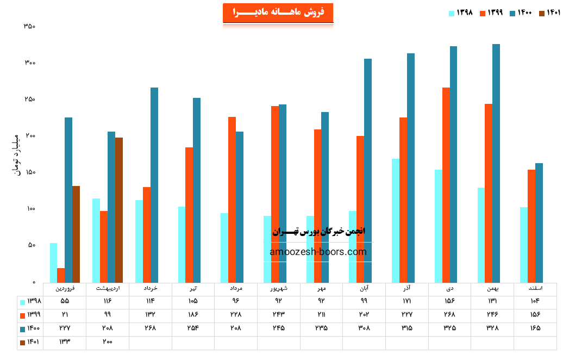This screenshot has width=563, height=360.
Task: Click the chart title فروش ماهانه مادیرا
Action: [278, 13]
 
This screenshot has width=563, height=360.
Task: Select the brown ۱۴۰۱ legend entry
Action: [549, 13]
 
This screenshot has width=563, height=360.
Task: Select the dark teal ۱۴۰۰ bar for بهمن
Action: [496, 163]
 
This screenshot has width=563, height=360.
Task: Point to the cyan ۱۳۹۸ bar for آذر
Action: [396, 220]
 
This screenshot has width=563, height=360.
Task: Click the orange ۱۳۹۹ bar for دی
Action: [446, 185]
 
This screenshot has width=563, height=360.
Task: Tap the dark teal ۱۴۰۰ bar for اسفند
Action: [539, 222]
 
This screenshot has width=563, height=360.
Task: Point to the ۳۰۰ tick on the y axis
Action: [30, 63]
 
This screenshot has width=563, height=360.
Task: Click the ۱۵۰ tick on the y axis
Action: [30, 172]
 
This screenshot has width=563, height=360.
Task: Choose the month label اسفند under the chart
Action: [535, 288]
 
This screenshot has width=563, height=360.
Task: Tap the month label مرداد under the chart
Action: [235, 288]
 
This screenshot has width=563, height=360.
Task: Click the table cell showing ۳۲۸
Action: [492, 328]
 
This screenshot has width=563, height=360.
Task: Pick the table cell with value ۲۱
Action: [64, 314]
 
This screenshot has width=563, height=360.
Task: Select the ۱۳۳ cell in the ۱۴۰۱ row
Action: [64, 342]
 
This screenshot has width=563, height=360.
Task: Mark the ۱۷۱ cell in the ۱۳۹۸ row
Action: [406, 301]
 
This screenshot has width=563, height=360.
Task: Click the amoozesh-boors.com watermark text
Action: [318, 252]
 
